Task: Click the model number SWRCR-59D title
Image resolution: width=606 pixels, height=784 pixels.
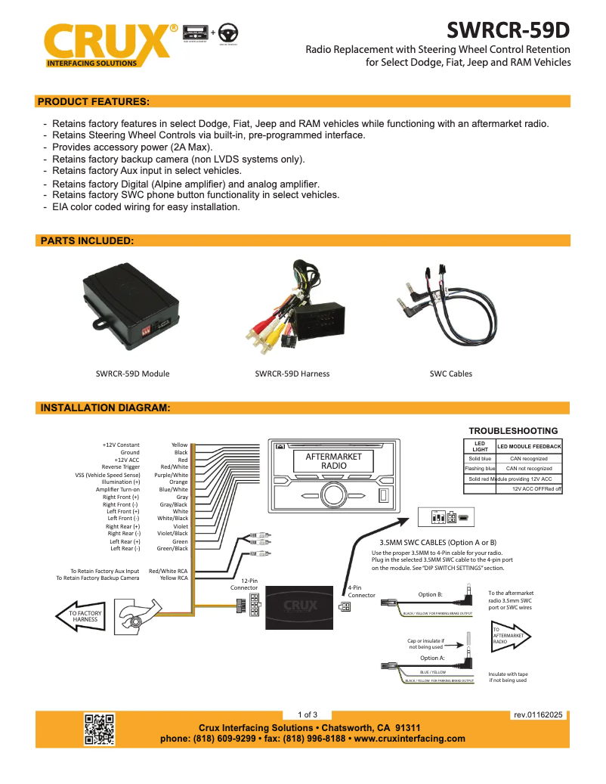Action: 508,29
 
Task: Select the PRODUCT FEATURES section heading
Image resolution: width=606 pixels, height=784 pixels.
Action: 93,101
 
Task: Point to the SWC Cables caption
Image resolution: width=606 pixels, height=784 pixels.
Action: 450,373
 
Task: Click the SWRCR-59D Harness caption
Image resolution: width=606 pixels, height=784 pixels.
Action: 292,373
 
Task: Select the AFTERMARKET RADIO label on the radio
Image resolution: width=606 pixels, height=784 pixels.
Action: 333,461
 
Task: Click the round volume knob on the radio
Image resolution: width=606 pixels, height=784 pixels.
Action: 332,495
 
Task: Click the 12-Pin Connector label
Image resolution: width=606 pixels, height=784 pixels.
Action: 244,584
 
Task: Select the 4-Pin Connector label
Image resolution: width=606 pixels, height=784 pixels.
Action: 361,591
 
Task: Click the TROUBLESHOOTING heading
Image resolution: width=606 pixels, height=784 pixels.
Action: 513,431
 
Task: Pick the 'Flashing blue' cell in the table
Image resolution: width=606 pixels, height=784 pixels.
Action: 479,469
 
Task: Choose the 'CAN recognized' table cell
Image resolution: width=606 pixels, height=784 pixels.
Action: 529,458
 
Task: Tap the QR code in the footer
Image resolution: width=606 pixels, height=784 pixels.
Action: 98,730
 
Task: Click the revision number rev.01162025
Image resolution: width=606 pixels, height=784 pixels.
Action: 538,714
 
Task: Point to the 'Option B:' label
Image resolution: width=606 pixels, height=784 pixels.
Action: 430,594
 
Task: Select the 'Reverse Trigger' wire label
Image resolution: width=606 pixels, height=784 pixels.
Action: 121,467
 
